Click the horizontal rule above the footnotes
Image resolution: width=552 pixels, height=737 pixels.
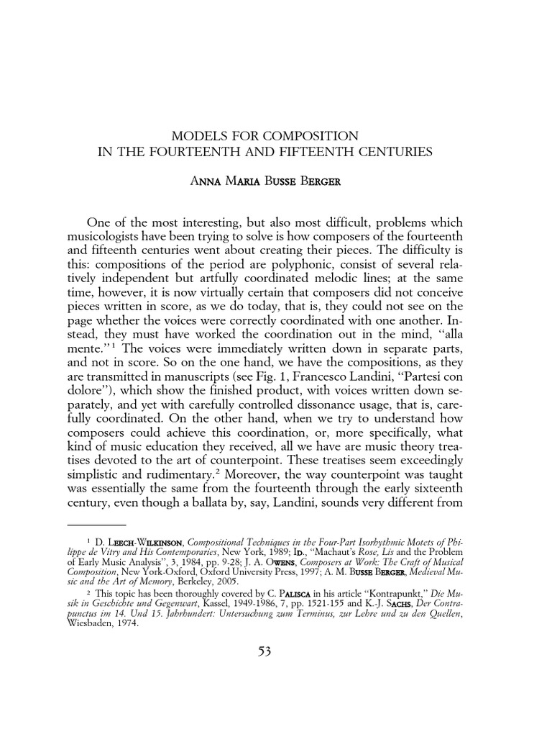coord(96,525)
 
